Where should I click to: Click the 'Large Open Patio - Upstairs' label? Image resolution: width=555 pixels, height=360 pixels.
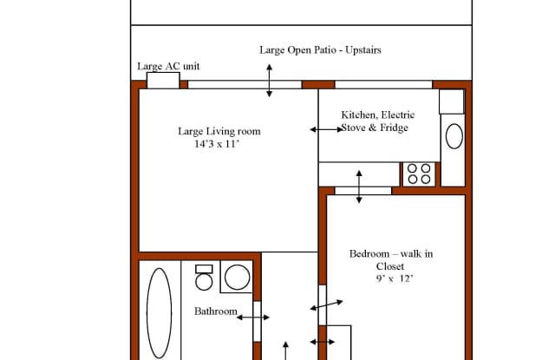320,50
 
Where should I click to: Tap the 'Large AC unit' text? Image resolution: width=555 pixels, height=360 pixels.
168,66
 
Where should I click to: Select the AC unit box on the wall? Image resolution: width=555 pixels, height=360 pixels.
163,81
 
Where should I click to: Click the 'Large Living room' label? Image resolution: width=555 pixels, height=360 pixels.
219,131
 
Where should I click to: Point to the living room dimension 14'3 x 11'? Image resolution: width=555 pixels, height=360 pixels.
217,144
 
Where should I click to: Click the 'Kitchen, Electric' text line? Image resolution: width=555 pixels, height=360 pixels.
378,115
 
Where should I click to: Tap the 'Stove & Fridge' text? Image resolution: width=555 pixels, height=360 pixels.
375,128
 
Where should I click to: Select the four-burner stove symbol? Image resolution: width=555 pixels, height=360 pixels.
419,173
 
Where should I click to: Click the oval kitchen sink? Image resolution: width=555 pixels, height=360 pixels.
454,136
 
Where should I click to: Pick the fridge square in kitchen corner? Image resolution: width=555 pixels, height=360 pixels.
452,101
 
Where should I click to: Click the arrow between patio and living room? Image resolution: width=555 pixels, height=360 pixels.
270,81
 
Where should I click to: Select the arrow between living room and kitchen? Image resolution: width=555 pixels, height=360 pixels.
327,129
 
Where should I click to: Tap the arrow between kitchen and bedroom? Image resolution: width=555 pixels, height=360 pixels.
359,187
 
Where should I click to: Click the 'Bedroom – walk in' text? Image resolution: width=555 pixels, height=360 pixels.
391,254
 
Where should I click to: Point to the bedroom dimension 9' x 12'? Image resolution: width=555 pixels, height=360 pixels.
395,278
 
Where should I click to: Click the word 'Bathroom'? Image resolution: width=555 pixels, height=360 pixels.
216,311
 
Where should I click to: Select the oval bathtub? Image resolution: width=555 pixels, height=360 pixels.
160,313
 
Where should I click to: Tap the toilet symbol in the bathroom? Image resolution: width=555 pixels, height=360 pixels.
204,278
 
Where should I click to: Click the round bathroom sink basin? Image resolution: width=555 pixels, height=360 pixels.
237,278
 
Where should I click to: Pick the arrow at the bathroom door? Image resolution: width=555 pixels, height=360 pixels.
253,317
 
